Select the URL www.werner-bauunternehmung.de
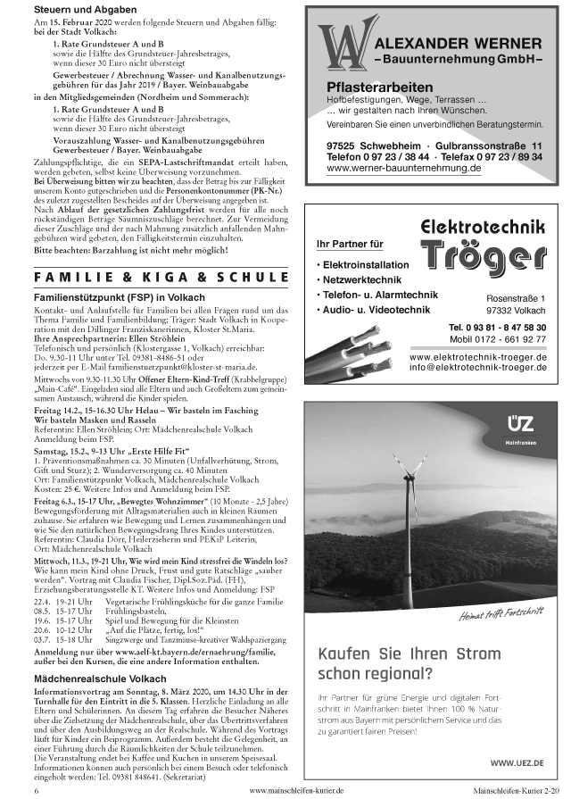(x=404, y=167)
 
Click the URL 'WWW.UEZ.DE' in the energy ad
(x=512, y=762)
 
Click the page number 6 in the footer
(x=37, y=791)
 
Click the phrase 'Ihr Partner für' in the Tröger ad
(x=349, y=244)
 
